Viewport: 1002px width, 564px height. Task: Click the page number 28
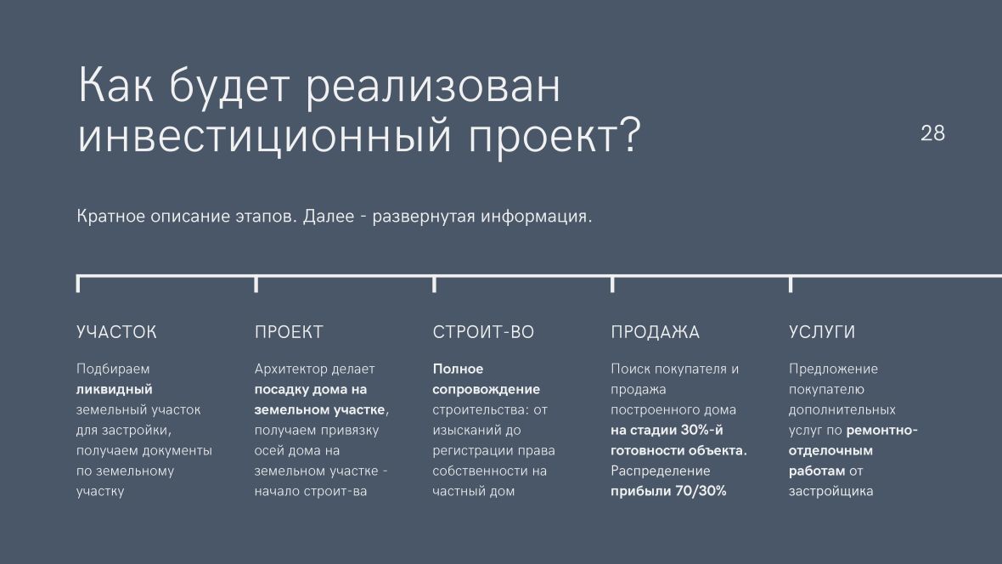pyautogui.click(x=932, y=133)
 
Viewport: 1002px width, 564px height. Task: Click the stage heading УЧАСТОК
pyautogui.click(x=116, y=332)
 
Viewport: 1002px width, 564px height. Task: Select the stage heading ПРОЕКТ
pyautogui.click(x=289, y=332)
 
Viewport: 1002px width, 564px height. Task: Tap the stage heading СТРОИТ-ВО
pyautogui.click(x=483, y=332)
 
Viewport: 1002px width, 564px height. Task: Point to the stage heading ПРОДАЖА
pyautogui.click(x=655, y=332)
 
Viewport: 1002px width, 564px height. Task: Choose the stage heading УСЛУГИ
pyautogui.click(x=822, y=332)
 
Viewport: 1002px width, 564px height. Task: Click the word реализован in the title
pyautogui.click(x=432, y=87)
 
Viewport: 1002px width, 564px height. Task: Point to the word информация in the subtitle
pyautogui.click(x=536, y=217)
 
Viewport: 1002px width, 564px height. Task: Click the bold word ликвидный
pyautogui.click(x=115, y=389)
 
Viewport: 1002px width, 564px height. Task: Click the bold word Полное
pyautogui.click(x=459, y=369)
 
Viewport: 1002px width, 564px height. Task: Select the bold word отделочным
pyautogui.click(x=830, y=451)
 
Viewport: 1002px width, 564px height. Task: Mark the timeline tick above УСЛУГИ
pyautogui.click(x=791, y=285)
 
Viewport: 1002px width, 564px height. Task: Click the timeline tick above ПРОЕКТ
pyautogui.click(x=256, y=285)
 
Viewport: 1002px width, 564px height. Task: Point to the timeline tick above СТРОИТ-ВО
pyautogui.click(x=435, y=285)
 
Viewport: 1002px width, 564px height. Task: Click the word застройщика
pyautogui.click(x=830, y=492)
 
